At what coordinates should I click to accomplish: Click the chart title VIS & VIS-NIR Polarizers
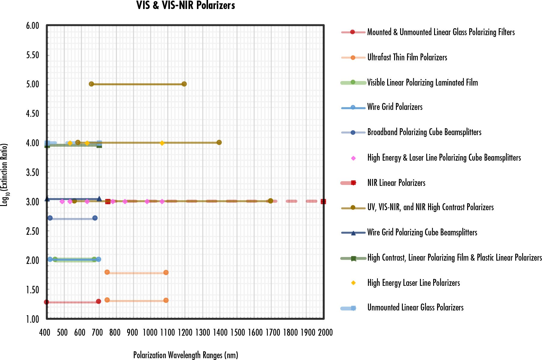coord(185,5)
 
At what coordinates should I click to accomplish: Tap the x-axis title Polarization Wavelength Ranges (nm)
coord(185,355)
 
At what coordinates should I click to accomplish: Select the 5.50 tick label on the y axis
coord(32,55)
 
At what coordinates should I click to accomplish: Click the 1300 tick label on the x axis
coord(203,332)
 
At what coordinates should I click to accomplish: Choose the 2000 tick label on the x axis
coord(325,332)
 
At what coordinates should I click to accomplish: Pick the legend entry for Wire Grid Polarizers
coord(395,107)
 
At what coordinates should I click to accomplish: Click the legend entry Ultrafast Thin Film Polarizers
coord(407,57)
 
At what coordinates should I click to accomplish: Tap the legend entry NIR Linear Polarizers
coord(396,183)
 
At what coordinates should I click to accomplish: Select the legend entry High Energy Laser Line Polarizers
coord(413,283)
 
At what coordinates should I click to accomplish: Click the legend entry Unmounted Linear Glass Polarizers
coord(415,307)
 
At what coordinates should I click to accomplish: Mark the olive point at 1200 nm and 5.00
coord(184,84)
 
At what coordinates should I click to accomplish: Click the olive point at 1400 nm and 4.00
coord(219,142)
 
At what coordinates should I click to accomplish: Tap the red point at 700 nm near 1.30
coord(98,301)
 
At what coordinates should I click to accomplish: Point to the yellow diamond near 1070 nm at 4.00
coord(162,143)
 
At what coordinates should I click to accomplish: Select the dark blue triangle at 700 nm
coord(99,199)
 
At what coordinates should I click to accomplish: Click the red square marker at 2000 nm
coord(323,201)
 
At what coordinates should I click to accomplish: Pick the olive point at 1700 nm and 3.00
coord(271,201)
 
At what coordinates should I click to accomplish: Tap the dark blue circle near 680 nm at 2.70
coord(95,218)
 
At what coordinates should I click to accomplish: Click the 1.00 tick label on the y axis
coord(32,319)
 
